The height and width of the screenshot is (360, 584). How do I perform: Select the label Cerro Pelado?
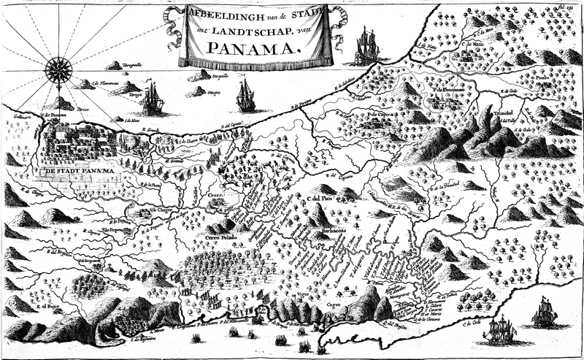coord(222,238)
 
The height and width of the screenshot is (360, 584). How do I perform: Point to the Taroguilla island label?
coord(133,65)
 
